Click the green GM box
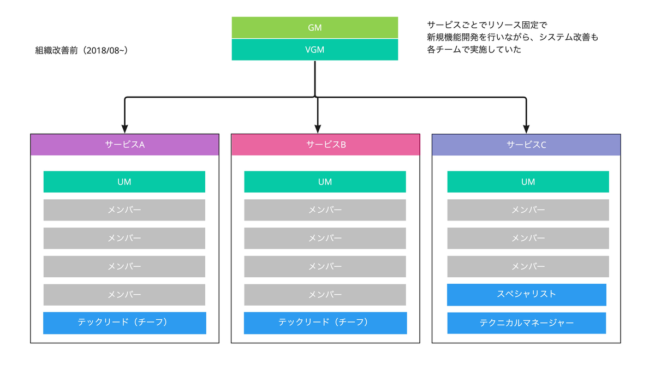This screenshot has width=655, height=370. coord(314,27)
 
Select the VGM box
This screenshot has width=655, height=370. coord(314,50)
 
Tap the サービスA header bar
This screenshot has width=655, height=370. coord(125,145)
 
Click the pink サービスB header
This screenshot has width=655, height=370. coord(325,145)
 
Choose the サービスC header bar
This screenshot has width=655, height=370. coord(526,145)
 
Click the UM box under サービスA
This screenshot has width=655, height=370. coord(124,182)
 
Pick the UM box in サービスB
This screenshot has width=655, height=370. coord(325,182)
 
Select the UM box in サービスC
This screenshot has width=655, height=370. coord(528,182)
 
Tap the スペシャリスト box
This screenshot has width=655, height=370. coord(527,295)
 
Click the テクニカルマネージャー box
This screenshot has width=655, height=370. coord(527,323)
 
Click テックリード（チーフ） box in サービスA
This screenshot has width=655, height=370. coord(124,323)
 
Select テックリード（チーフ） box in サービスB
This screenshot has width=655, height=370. coord(325,323)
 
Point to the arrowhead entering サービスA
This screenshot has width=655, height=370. coord(125,129)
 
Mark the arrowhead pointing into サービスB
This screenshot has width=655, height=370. coord(318,129)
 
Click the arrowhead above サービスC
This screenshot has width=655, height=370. coord(526,129)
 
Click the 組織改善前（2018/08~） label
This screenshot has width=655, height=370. coord(81,51)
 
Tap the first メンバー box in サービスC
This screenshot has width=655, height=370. coord(528,210)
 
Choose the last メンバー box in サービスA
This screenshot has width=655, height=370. coord(124,295)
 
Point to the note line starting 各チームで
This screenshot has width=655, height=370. coord(474,50)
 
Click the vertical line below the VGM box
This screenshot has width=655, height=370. coord(315,79)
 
